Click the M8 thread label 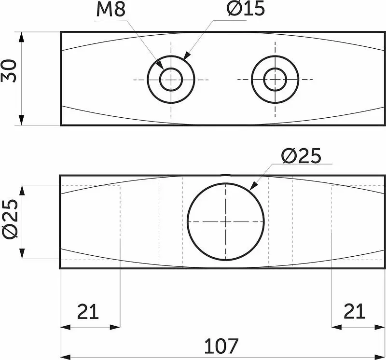pyautogui.click(x=111, y=10)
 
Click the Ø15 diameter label pyautogui.click(x=246, y=9)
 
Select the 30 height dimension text pyautogui.click(x=9, y=71)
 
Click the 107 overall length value pyautogui.click(x=221, y=346)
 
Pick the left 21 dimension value pyautogui.click(x=88, y=312)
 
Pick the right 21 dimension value pyautogui.click(x=354, y=311)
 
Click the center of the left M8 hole pyautogui.click(x=171, y=80)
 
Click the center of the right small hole pyautogui.click(x=275, y=79)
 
